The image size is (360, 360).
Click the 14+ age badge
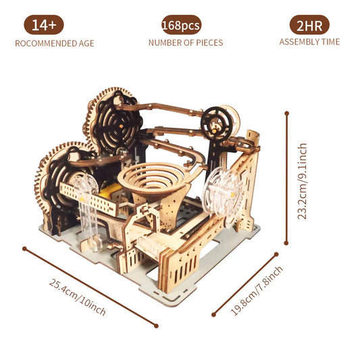(x=45, y=26)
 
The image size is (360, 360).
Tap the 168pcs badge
(x=181, y=26)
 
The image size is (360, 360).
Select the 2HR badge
(x=310, y=26)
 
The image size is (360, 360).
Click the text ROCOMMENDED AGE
(x=55, y=43)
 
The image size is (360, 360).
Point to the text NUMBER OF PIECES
(x=185, y=43)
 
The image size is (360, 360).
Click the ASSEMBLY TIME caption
(x=311, y=42)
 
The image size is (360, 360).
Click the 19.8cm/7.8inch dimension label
(x=257, y=290)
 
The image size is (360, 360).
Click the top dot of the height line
(x=287, y=113)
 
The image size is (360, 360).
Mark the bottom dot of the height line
(x=287, y=245)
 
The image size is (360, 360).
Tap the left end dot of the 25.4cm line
(x=24, y=248)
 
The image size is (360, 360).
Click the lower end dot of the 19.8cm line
(x=213, y=315)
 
